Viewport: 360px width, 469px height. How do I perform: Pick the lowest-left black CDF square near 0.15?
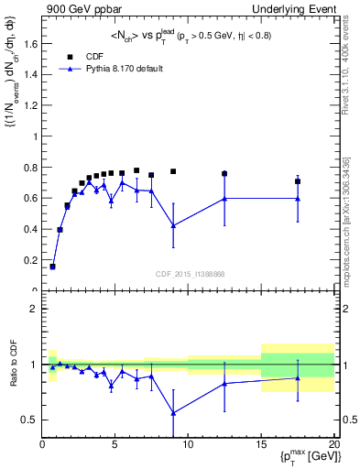[x=52, y=267]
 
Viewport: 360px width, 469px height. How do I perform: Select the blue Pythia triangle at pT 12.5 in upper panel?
[x=224, y=198]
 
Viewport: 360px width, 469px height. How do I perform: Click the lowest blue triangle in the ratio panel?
[x=173, y=413]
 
